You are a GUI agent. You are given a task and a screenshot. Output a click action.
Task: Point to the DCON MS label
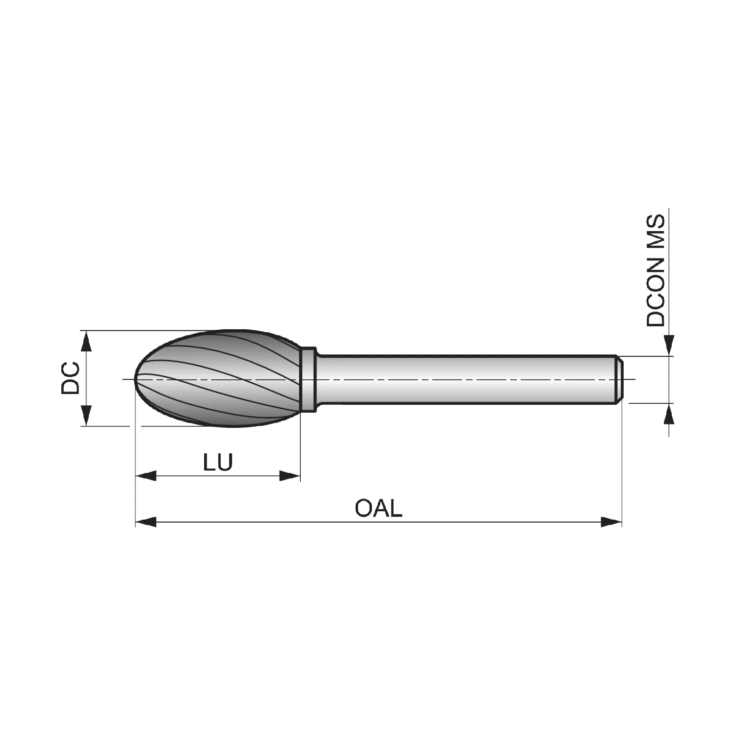(656, 270)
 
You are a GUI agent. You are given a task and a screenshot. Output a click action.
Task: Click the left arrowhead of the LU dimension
(145, 475)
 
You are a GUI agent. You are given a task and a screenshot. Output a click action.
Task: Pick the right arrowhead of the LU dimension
(289, 475)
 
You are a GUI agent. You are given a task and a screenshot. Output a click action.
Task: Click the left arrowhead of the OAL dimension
(145, 522)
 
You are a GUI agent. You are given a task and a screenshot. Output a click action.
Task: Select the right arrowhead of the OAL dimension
(611, 522)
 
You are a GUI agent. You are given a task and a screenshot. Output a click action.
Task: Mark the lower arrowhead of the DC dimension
(86, 415)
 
